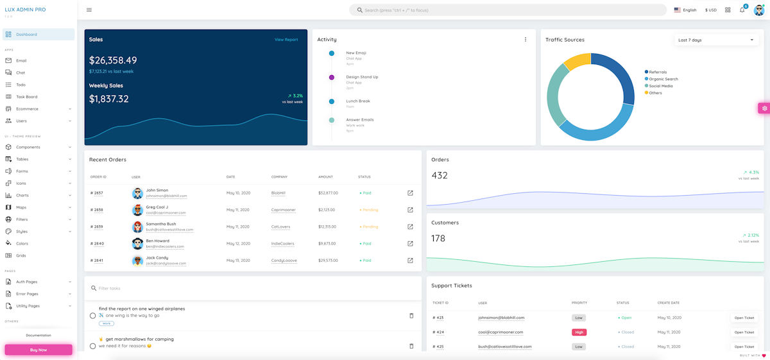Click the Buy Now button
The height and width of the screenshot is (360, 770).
[x=38, y=350]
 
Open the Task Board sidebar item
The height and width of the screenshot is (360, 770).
[x=26, y=97]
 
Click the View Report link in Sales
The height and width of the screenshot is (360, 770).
[x=286, y=40]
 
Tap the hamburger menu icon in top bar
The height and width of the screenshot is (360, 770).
[x=89, y=10]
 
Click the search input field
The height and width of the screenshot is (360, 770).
[x=507, y=10]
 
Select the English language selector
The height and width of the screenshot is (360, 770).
[x=685, y=10]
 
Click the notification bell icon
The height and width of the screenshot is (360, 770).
[x=742, y=10]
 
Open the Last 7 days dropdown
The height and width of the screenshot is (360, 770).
[x=717, y=40]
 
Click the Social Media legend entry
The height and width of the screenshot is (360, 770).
[x=660, y=86]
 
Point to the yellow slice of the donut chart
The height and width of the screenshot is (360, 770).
[x=576, y=62]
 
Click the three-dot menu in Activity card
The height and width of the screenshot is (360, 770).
[x=526, y=40]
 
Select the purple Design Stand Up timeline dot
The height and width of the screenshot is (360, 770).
[x=332, y=77]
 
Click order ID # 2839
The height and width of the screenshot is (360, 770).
[x=97, y=227]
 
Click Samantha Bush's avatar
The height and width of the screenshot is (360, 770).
[x=137, y=227]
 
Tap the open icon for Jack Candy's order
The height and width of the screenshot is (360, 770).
[x=410, y=261]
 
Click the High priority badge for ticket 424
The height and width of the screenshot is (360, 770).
[x=579, y=332]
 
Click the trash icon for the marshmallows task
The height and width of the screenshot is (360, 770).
[x=411, y=346]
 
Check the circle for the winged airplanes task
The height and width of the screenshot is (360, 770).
[x=93, y=316]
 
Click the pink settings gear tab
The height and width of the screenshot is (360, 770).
[x=764, y=108]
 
